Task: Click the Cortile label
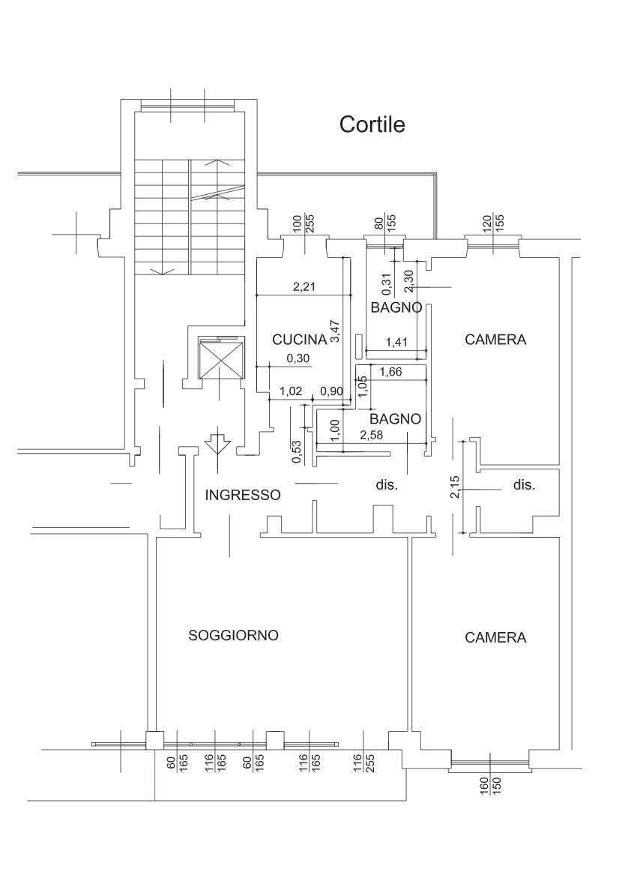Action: (372, 124)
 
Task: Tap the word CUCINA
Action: (299, 340)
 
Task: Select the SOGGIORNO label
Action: (233, 635)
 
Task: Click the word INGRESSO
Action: (243, 495)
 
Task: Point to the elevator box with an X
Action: (220, 358)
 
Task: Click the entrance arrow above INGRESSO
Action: (217, 444)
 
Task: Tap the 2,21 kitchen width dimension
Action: (304, 287)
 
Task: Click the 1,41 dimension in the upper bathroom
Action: (397, 342)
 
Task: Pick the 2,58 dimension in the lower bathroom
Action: (372, 435)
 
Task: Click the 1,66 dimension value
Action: (391, 373)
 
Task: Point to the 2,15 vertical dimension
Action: (455, 487)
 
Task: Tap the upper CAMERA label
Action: (495, 340)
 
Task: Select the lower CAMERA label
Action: (495, 637)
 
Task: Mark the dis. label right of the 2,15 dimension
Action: (524, 486)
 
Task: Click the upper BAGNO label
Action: (396, 307)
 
